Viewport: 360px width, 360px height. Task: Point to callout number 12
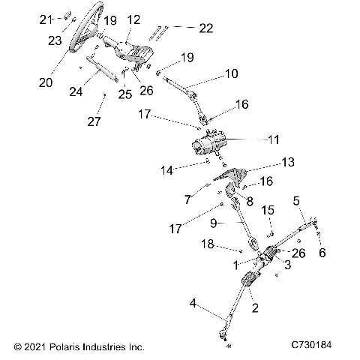tap(133, 19)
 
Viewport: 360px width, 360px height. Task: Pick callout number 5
tap(298, 201)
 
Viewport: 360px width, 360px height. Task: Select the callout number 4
tap(193, 304)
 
